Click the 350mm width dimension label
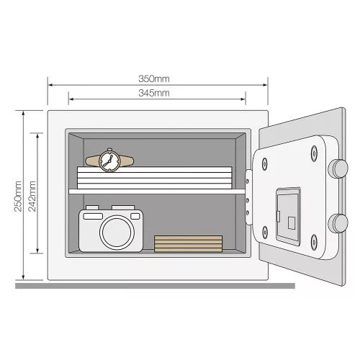pyautogui.click(x=154, y=78)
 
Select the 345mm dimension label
pyautogui.click(x=154, y=93)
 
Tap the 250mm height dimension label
pyautogui.click(x=18, y=197)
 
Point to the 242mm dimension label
pyautogui.click(x=32, y=197)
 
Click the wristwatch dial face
pyautogui.click(x=109, y=161)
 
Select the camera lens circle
pyautogui.click(x=117, y=232)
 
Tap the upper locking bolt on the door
pyautogui.click(x=338, y=168)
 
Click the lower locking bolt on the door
pyautogui.click(x=338, y=223)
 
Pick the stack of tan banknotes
pyautogui.click(x=188, y=243)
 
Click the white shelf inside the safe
pyautogui.click(x=157, y=192)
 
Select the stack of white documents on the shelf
pyautogui.click(x=155, y=178)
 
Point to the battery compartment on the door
pyautogui.click(x=288, y=217)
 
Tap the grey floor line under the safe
pyautogui.click(x=155, y=286)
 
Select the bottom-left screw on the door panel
pyautogui.click(x=264, y=233)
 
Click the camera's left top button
pyautogui.click(x=92, y=207)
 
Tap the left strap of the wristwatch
pyautogui.click(x=93, y=161)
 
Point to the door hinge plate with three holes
pyautogui.click(x=248, y=197)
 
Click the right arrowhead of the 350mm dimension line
pyautogui.click(x=265, y=85)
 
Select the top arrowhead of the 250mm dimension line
pyautogui.click(x=23, y=114)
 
